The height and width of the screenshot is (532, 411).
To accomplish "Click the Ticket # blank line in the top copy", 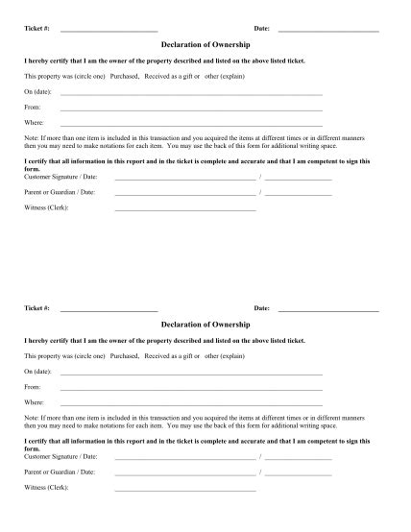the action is (x=109, y=31).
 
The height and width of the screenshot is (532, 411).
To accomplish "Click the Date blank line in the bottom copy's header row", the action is (x=328, y=310).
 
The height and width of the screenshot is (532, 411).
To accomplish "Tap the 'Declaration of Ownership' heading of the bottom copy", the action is (x=205, y=326).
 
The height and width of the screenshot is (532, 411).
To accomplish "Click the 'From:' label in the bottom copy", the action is (x=33, y=388).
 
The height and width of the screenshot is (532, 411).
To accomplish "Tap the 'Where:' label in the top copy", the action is (x=35, y=124).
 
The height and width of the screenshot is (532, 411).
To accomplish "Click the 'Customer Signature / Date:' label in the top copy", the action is (x=61, y=177).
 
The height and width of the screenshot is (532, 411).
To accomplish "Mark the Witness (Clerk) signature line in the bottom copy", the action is (x=185, y=490).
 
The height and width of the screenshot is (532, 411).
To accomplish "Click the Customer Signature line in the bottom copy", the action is (x=185, y=459).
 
